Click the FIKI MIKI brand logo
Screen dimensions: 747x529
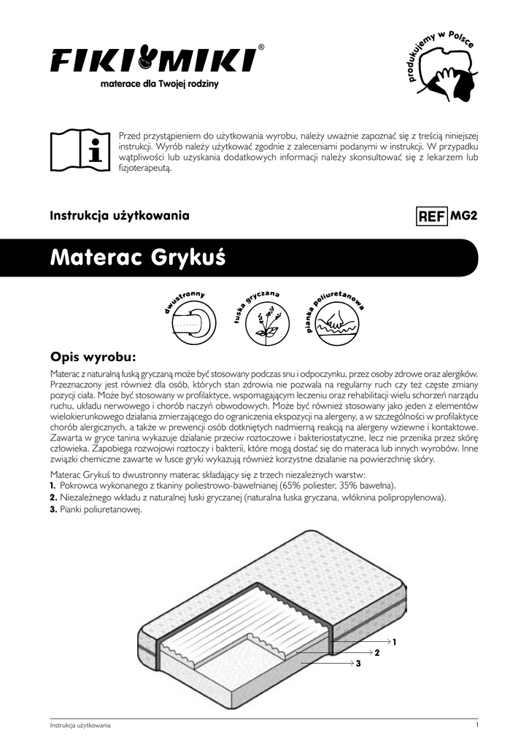[153, 59]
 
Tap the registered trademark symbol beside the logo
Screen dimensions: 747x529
[262, 47]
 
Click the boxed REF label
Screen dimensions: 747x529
[431, 217]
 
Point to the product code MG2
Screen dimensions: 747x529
[465, 216]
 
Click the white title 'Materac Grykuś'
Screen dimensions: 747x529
[138, 258]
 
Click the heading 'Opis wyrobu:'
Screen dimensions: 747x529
[93, 357]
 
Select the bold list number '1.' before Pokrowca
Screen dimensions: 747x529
[53, 485]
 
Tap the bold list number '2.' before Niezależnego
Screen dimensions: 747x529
[53, 498]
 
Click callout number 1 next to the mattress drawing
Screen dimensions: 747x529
[394, 642]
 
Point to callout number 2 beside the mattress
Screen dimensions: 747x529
[377, 652]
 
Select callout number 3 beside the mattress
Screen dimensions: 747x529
[358, 663]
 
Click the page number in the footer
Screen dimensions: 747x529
[476, 725]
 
